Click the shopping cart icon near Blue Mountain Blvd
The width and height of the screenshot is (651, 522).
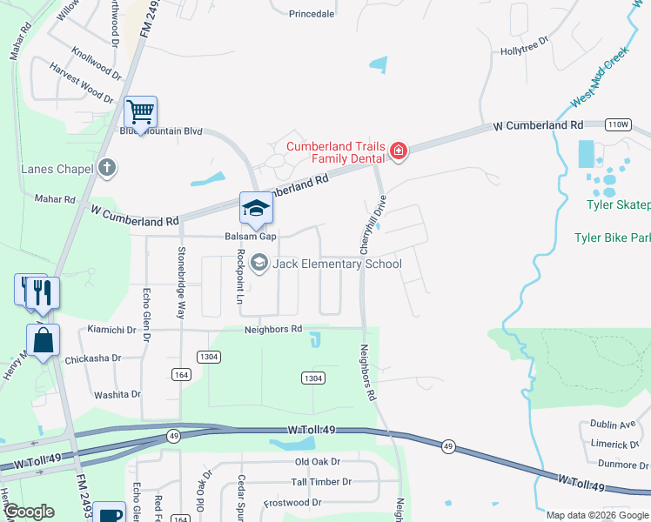pyautogui.click(x=140, y=111)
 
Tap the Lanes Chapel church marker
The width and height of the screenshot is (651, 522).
pyautogui.click(x=107, y=167)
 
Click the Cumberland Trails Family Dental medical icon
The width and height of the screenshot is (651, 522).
pyautogui.click(x=399, y=151)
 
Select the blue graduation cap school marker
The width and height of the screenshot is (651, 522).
pyautogui.click(x=257, y=208)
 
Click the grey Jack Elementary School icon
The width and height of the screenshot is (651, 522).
pyautogui.click(x=259, y=263)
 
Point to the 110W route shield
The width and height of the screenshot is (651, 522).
pyautogui.click(x=618, y=124)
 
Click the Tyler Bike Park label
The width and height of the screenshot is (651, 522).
pyautogui.click(x=612, y=238)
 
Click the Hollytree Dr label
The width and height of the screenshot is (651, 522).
pyautogui.click(x=524, y=51)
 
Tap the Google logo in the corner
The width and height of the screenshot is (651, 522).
pyautogui.click(x=29, y=512)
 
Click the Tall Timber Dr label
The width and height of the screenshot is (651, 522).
pyautogui.click(x=320, y=481)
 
